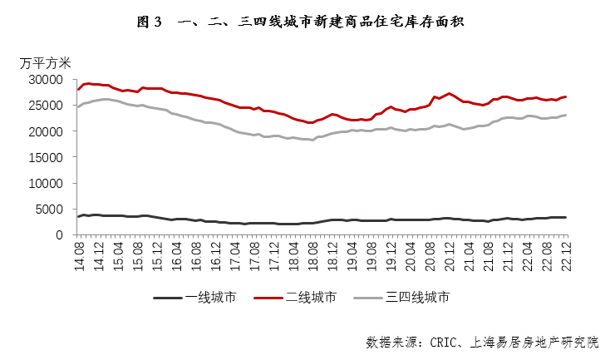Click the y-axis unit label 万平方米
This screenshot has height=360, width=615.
pos(47,62)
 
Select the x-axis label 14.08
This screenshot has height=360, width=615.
pos(78,254)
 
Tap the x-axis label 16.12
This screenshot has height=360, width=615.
pos(215,254)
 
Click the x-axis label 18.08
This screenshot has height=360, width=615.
pos(312,254)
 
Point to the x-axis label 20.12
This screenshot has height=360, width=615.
pos(450,254)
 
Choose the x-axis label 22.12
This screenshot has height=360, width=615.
pos(567,254)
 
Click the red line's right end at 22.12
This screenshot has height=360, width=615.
pos(567,96)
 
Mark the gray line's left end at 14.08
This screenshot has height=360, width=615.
pos(78,106)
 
